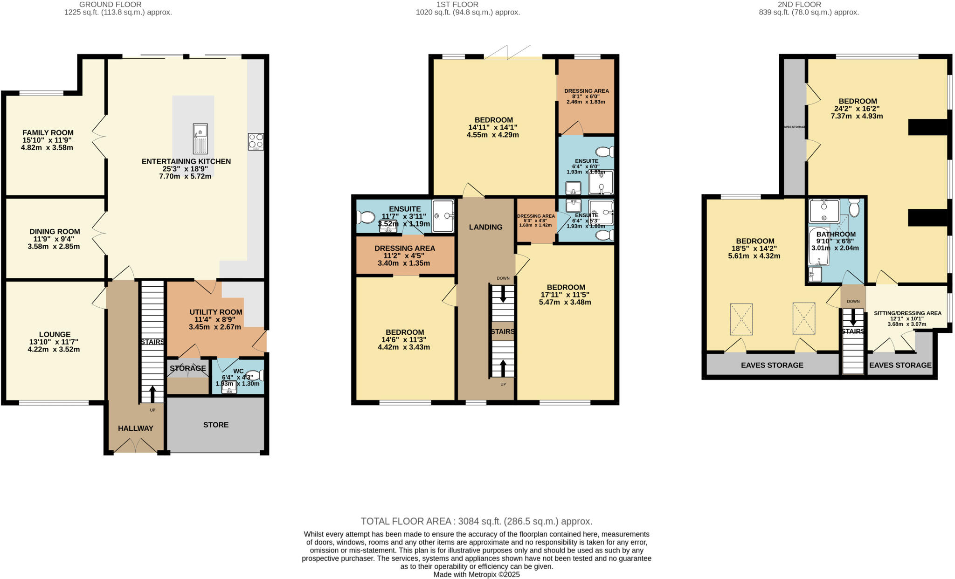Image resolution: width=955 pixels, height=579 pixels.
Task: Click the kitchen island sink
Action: [200, 138]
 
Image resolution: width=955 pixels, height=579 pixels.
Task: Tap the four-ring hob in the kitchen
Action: [256, 141]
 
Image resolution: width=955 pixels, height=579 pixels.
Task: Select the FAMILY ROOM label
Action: [48, 133]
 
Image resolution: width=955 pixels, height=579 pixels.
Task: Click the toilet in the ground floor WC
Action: [257, 375]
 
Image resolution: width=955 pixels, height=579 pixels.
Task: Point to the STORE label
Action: [216, 425]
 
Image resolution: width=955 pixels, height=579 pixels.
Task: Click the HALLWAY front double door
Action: [135, 446]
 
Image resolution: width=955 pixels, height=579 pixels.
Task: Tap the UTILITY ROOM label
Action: [216, 312]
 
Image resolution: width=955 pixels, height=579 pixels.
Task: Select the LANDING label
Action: [485, 227]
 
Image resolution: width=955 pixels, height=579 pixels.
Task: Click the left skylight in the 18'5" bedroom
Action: [741, 319]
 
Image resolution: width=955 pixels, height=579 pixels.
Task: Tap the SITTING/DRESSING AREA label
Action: [907, 313]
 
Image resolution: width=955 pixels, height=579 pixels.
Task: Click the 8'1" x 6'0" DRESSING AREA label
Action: [586, 91]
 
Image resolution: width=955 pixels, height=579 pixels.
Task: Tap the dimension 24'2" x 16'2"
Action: [858, 109]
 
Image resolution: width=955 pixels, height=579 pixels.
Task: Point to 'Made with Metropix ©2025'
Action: [476, 574]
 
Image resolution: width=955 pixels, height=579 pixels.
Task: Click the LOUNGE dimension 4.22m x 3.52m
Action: [54, 349]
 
